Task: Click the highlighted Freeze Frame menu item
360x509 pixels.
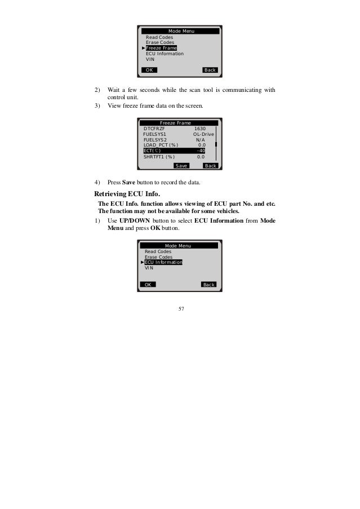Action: (161, 48)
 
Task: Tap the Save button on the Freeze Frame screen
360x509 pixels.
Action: (181, 166)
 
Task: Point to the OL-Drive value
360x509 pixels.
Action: (203, 134)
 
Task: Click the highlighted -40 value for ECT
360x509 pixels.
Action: (200, 151)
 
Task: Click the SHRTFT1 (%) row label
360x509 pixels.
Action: (159, 157)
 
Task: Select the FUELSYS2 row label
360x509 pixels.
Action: (155, 140)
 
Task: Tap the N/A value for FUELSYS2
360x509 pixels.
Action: (200, 140)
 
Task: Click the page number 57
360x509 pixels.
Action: (180, 309)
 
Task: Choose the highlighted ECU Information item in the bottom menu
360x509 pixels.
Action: (163, 262)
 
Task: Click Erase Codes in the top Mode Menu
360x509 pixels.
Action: (160, 42)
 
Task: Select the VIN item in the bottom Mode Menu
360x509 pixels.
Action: (149, 268)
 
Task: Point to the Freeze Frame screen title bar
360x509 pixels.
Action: (175, 123)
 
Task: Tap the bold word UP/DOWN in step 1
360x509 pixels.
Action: (135, 220)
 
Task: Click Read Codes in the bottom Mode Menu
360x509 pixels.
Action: (158, 251)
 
